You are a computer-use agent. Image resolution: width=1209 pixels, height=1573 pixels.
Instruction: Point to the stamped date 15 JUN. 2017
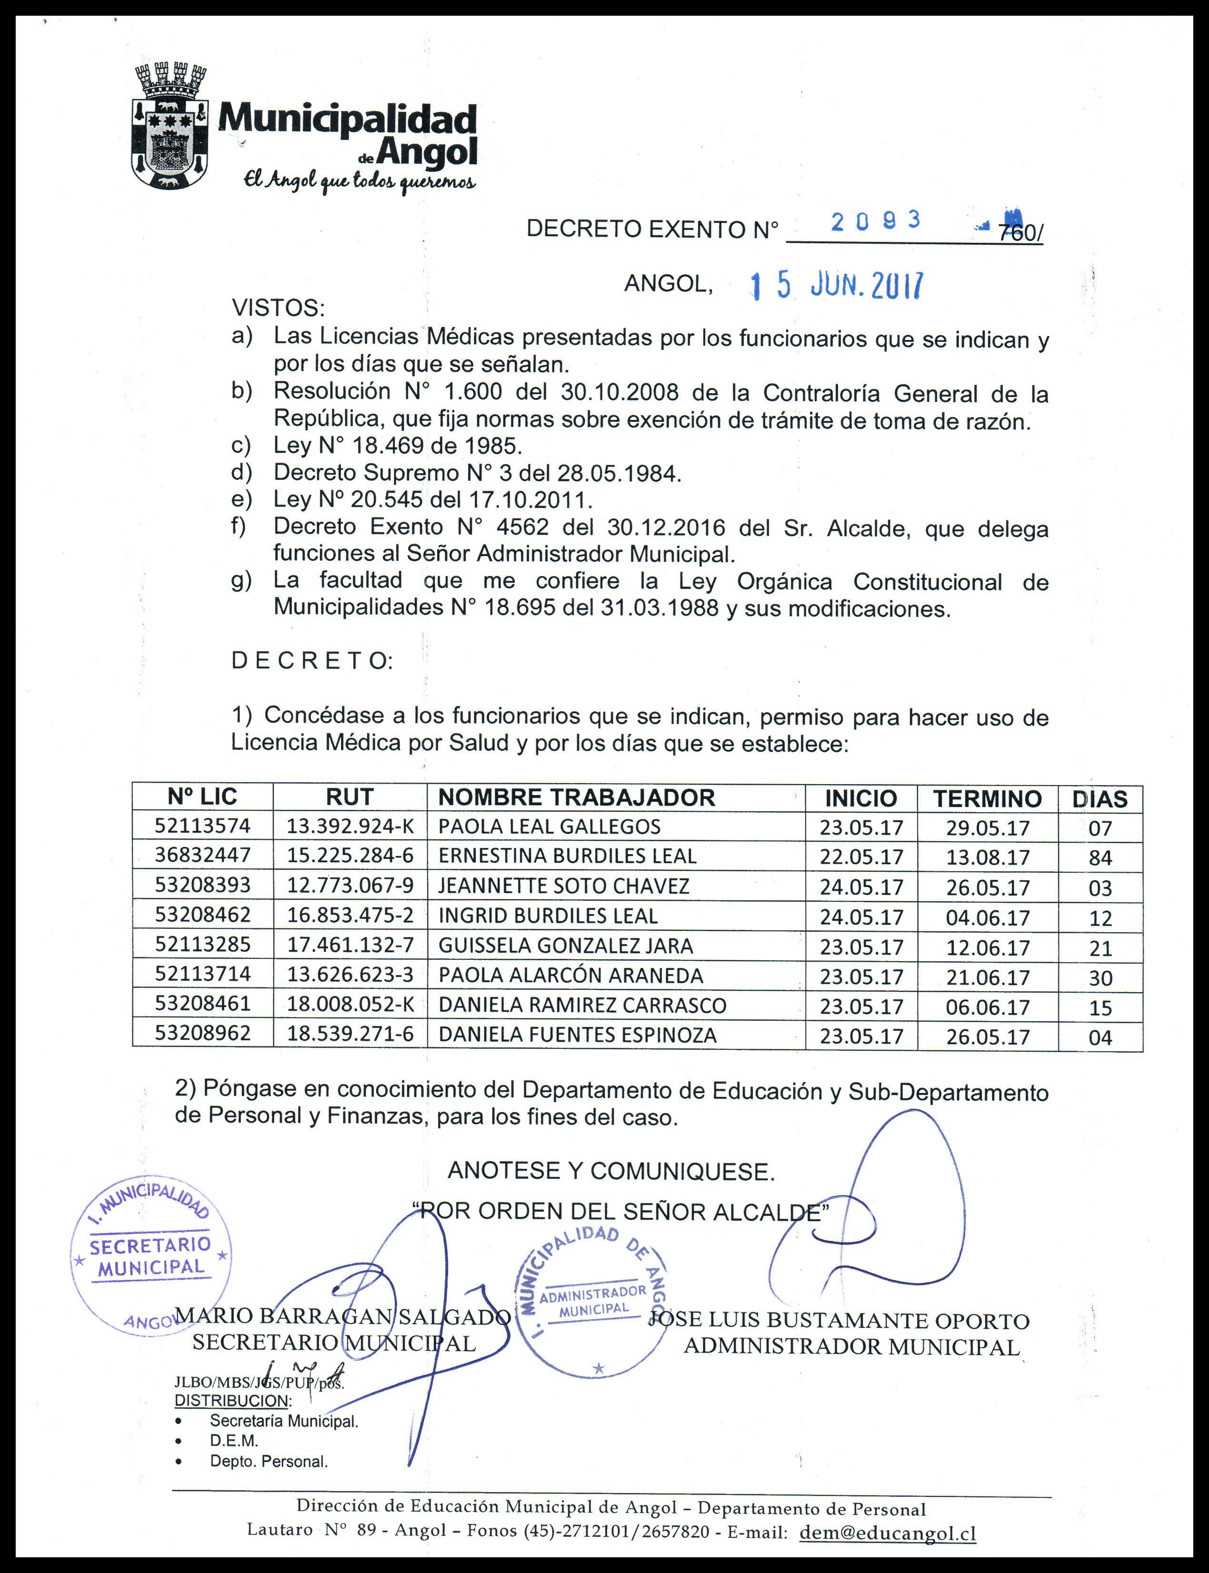[x=836, y=286]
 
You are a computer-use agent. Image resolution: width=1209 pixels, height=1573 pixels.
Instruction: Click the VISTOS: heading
[x=278, y=309]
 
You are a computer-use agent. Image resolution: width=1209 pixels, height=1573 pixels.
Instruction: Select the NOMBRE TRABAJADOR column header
[x=577, y=797]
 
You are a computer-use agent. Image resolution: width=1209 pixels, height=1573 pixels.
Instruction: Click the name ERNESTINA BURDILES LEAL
[x=567, y=856]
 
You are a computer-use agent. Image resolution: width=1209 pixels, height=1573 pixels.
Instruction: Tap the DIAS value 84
[x=1100, y=858]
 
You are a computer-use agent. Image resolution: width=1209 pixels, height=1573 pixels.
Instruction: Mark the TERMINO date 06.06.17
[x=988, y=1007]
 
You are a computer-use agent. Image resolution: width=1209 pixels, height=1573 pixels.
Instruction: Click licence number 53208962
[x=202, y=1034]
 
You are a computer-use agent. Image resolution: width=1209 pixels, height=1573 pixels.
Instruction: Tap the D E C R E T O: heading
[x=311, y=661]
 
